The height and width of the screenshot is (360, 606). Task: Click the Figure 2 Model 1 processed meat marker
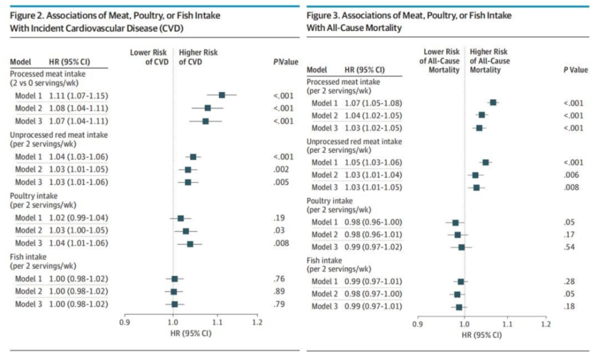point(222,95)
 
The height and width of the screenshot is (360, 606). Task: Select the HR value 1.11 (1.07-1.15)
point(78,96)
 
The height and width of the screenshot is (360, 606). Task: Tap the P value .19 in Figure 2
point(279,218)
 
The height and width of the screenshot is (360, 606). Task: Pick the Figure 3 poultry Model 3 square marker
point(461,247)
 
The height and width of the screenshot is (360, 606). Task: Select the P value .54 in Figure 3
point(569,247)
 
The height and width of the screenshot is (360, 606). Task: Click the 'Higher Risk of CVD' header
point(198,57)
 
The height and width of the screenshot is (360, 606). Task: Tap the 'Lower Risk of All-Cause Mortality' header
point(439,61)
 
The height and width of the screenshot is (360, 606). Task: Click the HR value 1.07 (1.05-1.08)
point(373,103)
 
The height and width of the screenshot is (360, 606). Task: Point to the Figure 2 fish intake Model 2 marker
point(173,292)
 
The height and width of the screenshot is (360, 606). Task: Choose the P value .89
point(279,291)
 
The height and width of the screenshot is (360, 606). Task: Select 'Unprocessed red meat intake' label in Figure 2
point(59,135)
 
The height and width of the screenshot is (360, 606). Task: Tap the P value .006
point(571,175)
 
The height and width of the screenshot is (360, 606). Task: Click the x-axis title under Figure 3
point(482,335)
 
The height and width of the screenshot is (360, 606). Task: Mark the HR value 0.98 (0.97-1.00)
point(373,294)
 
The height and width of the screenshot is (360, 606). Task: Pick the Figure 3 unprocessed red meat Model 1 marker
point(485,162)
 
